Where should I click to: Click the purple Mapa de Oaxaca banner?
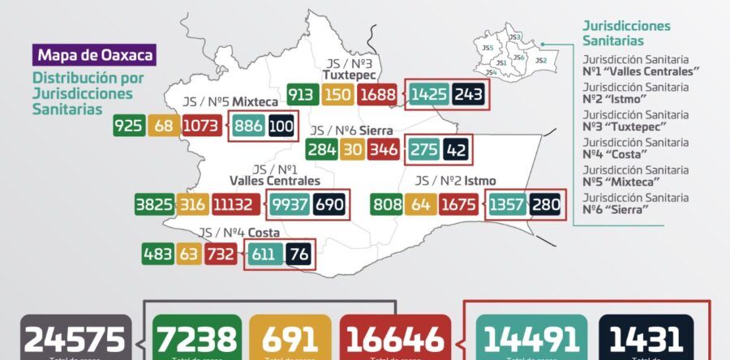click(x=94, y=56)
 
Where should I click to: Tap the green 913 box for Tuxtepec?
click(x=301, y=95)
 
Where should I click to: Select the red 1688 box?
click(x=378, y=95)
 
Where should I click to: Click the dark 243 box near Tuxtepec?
click(x=470, y=95)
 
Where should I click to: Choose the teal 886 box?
click(x=248, y=126)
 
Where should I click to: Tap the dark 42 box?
click(x=457, y=150)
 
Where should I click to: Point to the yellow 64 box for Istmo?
click(x=420, y=204)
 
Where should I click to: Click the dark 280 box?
click(x=546, y=204)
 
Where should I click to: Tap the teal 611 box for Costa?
click(x=264, y=255)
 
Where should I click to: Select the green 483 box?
click(x=157, y=255)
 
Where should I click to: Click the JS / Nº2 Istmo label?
click(x=455, y=180)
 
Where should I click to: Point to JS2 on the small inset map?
click(x=541, y=61)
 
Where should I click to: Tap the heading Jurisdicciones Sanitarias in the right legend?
click(x=626, y=33)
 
